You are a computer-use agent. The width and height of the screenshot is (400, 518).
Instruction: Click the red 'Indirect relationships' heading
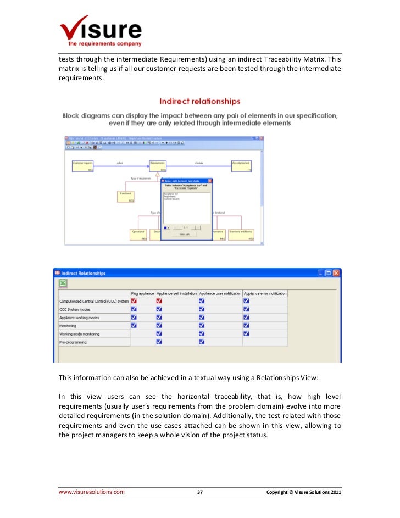click(199, 101)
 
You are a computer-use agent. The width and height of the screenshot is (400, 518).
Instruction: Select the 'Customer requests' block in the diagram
click(83, 166)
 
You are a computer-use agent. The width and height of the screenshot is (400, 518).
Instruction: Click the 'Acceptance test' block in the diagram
click(241, 166)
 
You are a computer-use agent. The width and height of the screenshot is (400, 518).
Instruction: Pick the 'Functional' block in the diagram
click(126, 196)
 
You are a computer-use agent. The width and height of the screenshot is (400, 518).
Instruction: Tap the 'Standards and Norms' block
click(241, 235)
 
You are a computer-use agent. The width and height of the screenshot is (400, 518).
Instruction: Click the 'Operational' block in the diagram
click(138, 235)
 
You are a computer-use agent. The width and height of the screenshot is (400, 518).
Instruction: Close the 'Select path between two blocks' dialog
click(209, 180)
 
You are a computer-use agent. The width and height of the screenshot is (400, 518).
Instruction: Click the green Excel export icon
click(63, 283)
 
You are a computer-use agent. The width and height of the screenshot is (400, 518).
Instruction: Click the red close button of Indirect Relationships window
click(336, 273)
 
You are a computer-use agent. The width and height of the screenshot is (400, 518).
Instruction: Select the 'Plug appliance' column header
click(142, 293)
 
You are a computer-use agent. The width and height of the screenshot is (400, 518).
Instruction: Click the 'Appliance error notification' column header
click(265, 293)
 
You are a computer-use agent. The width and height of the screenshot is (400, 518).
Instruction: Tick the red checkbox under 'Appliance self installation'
click(159, 301)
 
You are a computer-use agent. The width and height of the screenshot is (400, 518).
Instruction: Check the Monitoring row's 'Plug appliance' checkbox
click(134, 326)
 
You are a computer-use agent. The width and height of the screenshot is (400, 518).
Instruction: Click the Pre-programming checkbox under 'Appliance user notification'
click(202, 342)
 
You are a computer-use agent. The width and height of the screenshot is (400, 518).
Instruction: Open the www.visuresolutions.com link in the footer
click(92, 492)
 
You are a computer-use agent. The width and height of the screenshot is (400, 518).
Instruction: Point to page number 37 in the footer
click(200, 492)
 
